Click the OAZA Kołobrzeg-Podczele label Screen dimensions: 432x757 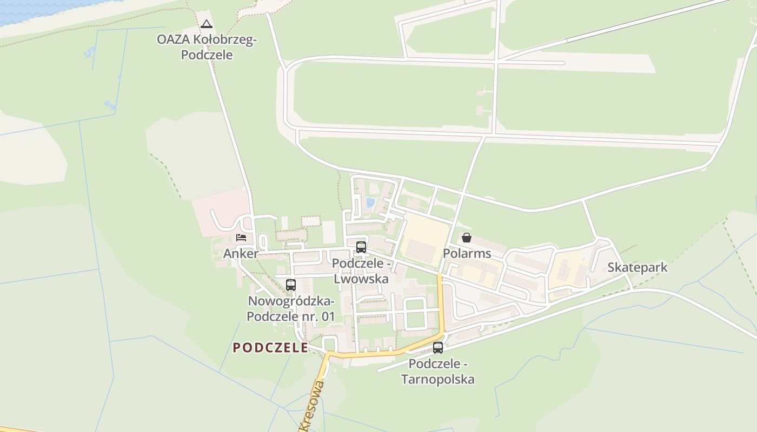click(x=207, y=47)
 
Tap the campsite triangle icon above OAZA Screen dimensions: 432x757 click(x=207, y=24)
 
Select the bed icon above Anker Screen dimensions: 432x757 click(x=241, y=237)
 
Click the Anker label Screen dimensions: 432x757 click(x=241, y=253)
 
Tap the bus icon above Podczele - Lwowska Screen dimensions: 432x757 click(x=361, y=247)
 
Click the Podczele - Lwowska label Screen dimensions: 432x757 click(x=361, y=271)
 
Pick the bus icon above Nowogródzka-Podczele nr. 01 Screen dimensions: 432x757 click(x=291, y=285)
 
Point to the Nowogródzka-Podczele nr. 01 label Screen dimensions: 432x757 click(x=291, y=308)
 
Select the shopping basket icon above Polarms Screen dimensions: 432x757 click(x=467, y=238)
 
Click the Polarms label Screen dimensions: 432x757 click(x=467, y=253)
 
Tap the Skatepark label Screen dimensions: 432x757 click(x=637, y=267)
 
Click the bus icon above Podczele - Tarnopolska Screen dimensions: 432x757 click(x=438, y=348)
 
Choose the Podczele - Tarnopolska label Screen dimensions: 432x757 click(x=438, y=372)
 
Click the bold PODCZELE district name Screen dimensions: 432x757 click(x=270, y=348)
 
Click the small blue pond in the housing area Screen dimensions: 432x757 click(x=370, y=203)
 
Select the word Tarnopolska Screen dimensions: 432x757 click(x=438, y=379)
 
